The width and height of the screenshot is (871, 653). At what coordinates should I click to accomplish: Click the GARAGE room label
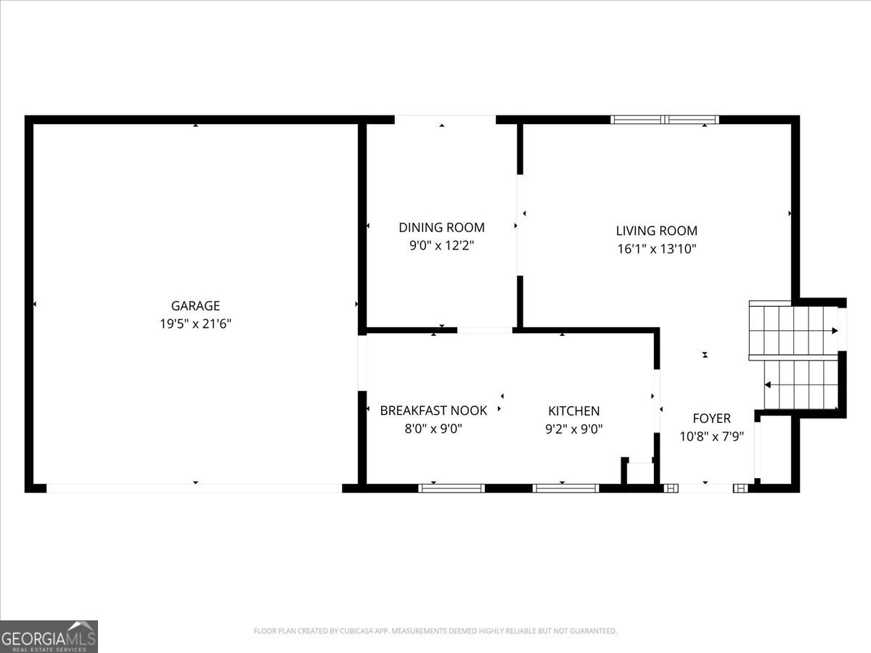point(195,305)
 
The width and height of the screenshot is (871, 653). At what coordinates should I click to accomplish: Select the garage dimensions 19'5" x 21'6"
point(195,324)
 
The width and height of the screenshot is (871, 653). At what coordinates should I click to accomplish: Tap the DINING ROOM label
point(441,228)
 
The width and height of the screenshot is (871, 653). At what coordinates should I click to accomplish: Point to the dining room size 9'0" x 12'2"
point(441,246)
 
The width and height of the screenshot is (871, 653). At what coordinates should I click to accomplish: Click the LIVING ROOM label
point(657,231)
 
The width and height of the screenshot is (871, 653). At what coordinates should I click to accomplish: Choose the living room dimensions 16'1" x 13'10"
point(657,249)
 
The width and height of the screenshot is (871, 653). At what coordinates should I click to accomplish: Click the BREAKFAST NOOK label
point(433,411)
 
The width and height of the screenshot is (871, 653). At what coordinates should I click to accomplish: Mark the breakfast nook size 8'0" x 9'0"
point(433,429)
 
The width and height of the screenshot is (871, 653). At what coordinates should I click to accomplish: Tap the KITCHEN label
point(574,411)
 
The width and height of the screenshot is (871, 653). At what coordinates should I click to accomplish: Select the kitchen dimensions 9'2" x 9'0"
point(574,430)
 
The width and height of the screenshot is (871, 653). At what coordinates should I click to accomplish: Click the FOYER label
point(711,419)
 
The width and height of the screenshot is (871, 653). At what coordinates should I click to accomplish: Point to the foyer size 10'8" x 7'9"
point(711,437)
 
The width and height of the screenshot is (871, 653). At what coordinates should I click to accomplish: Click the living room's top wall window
point(665,119)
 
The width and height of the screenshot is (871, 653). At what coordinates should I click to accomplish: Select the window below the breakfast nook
point(451,488)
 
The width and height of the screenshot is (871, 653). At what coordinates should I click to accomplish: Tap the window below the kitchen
point(565,488)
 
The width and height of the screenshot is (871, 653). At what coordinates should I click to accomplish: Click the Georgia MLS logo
point(49,637)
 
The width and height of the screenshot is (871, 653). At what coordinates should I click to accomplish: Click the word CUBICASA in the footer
point(355,631)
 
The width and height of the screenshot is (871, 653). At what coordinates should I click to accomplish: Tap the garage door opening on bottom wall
point(195,488)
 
